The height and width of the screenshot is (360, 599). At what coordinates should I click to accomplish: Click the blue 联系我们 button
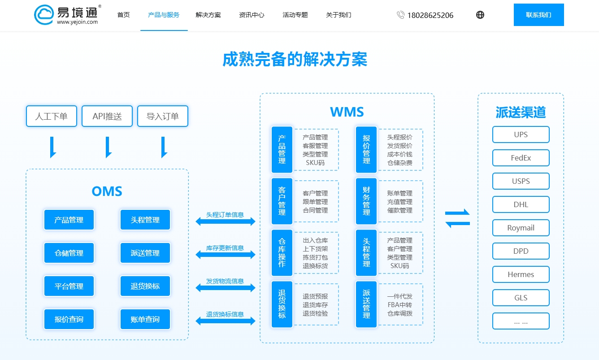coord(538,15)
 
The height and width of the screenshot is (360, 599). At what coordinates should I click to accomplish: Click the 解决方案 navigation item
coord(208,15)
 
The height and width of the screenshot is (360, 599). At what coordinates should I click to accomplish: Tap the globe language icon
coord(480,15)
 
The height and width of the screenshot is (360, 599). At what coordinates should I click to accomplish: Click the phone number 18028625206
coord(430,15)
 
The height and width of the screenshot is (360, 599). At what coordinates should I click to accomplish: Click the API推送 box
coord(107,116)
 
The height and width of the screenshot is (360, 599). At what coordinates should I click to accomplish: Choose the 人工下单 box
coord(52,116)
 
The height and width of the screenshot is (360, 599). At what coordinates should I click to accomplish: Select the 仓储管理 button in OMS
coord(69,253)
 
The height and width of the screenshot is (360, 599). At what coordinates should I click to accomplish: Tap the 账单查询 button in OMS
coord(145,319)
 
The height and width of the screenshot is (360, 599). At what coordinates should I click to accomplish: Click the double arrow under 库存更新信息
coord(226,255)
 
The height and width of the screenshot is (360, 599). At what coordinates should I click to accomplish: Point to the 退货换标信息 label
coord(225,314)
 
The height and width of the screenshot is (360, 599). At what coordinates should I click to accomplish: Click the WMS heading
coord(347,112)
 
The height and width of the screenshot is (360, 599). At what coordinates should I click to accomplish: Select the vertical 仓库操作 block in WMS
coord(282,253)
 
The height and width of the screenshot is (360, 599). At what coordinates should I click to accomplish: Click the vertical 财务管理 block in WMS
coord(366,201)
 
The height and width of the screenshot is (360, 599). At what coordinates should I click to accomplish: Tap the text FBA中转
coord(400,305)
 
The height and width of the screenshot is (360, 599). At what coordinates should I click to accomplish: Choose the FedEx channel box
coord(521,158)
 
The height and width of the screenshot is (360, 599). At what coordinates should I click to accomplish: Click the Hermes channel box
coord(521,274)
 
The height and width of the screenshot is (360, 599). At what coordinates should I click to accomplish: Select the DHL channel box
coord(521,204)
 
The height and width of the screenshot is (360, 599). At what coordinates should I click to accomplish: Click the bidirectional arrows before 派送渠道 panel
coord(457,218)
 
